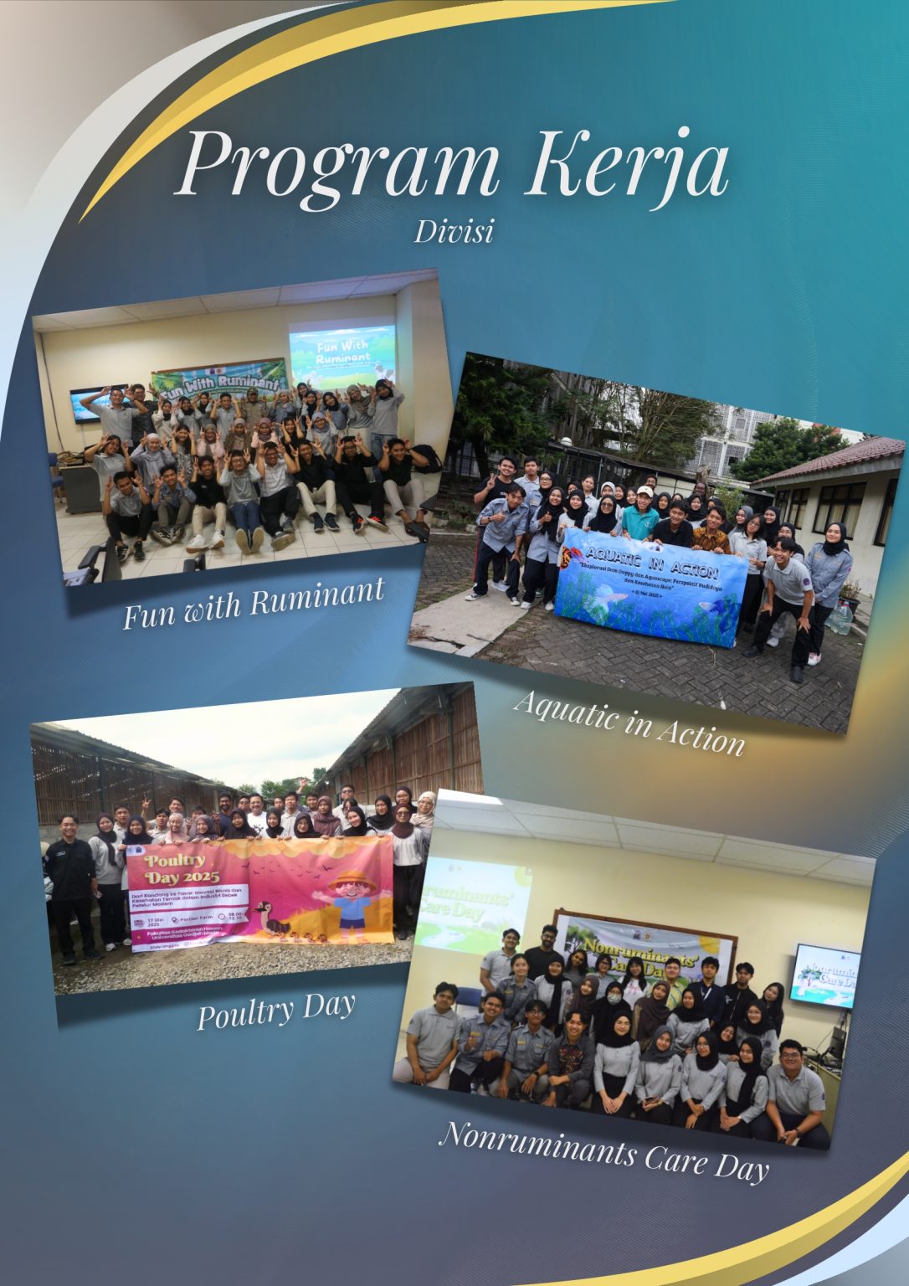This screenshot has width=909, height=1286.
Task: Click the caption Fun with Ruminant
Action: [254, 602]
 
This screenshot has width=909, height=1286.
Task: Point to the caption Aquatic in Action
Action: [629, 721]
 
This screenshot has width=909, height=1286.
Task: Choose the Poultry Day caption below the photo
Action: [276, 1011]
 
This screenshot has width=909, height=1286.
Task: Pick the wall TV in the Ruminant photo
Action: [86, 404]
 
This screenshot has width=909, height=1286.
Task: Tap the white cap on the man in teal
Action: [645, 491]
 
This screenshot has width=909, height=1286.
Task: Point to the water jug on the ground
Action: [840, 617]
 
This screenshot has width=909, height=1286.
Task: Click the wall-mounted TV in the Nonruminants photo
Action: [824, 975]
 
